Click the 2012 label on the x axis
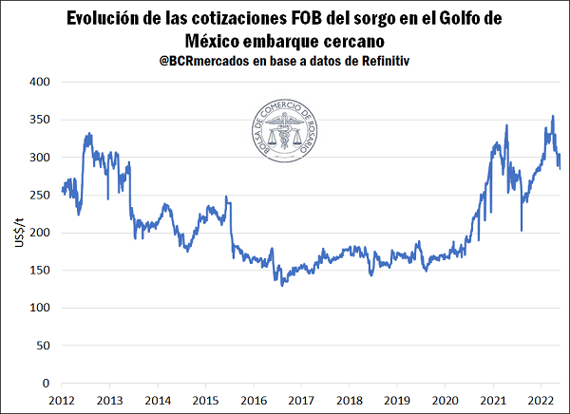62,401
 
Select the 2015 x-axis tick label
206,401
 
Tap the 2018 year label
350,401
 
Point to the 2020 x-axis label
446,401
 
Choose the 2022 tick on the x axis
541,401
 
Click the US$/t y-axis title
17,233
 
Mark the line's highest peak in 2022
554,117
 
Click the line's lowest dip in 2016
282,284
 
